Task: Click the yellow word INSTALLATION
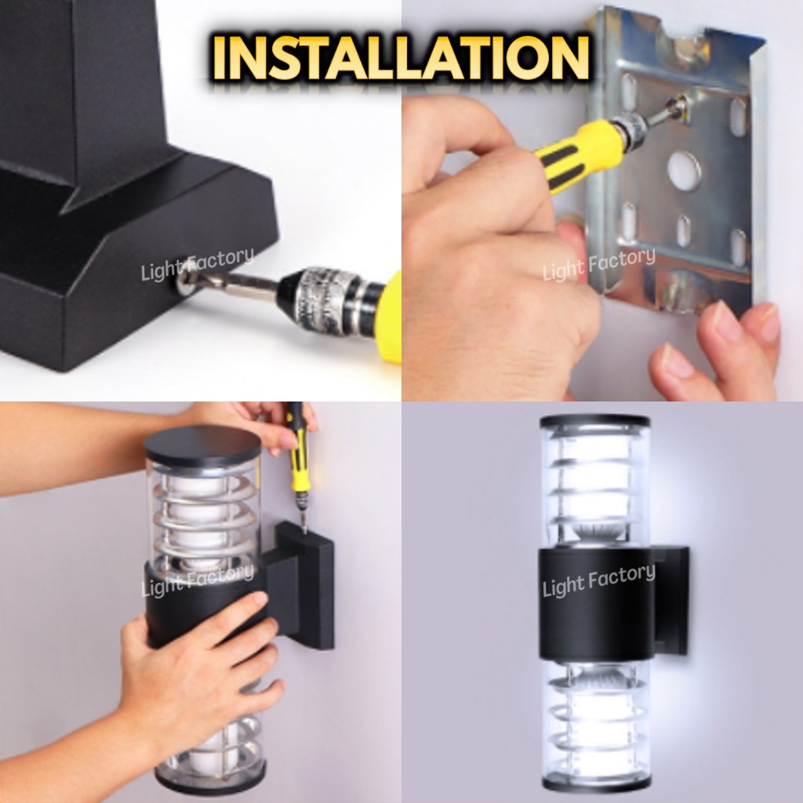pyautogui.click(x=401, y=57)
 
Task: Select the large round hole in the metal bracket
pyautogui.click(x=685, y=169)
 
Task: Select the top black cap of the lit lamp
pyautogui.click(x=595, y=422)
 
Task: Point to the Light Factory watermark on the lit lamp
pyautogui.click(x=598, y=580)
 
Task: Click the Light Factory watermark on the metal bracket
pyautogui.click(x=598, y=264)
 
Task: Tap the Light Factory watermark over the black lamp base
pyautogui.click(x=197, y=264)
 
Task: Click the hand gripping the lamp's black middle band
pyautogui.click(x=200, y=666)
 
